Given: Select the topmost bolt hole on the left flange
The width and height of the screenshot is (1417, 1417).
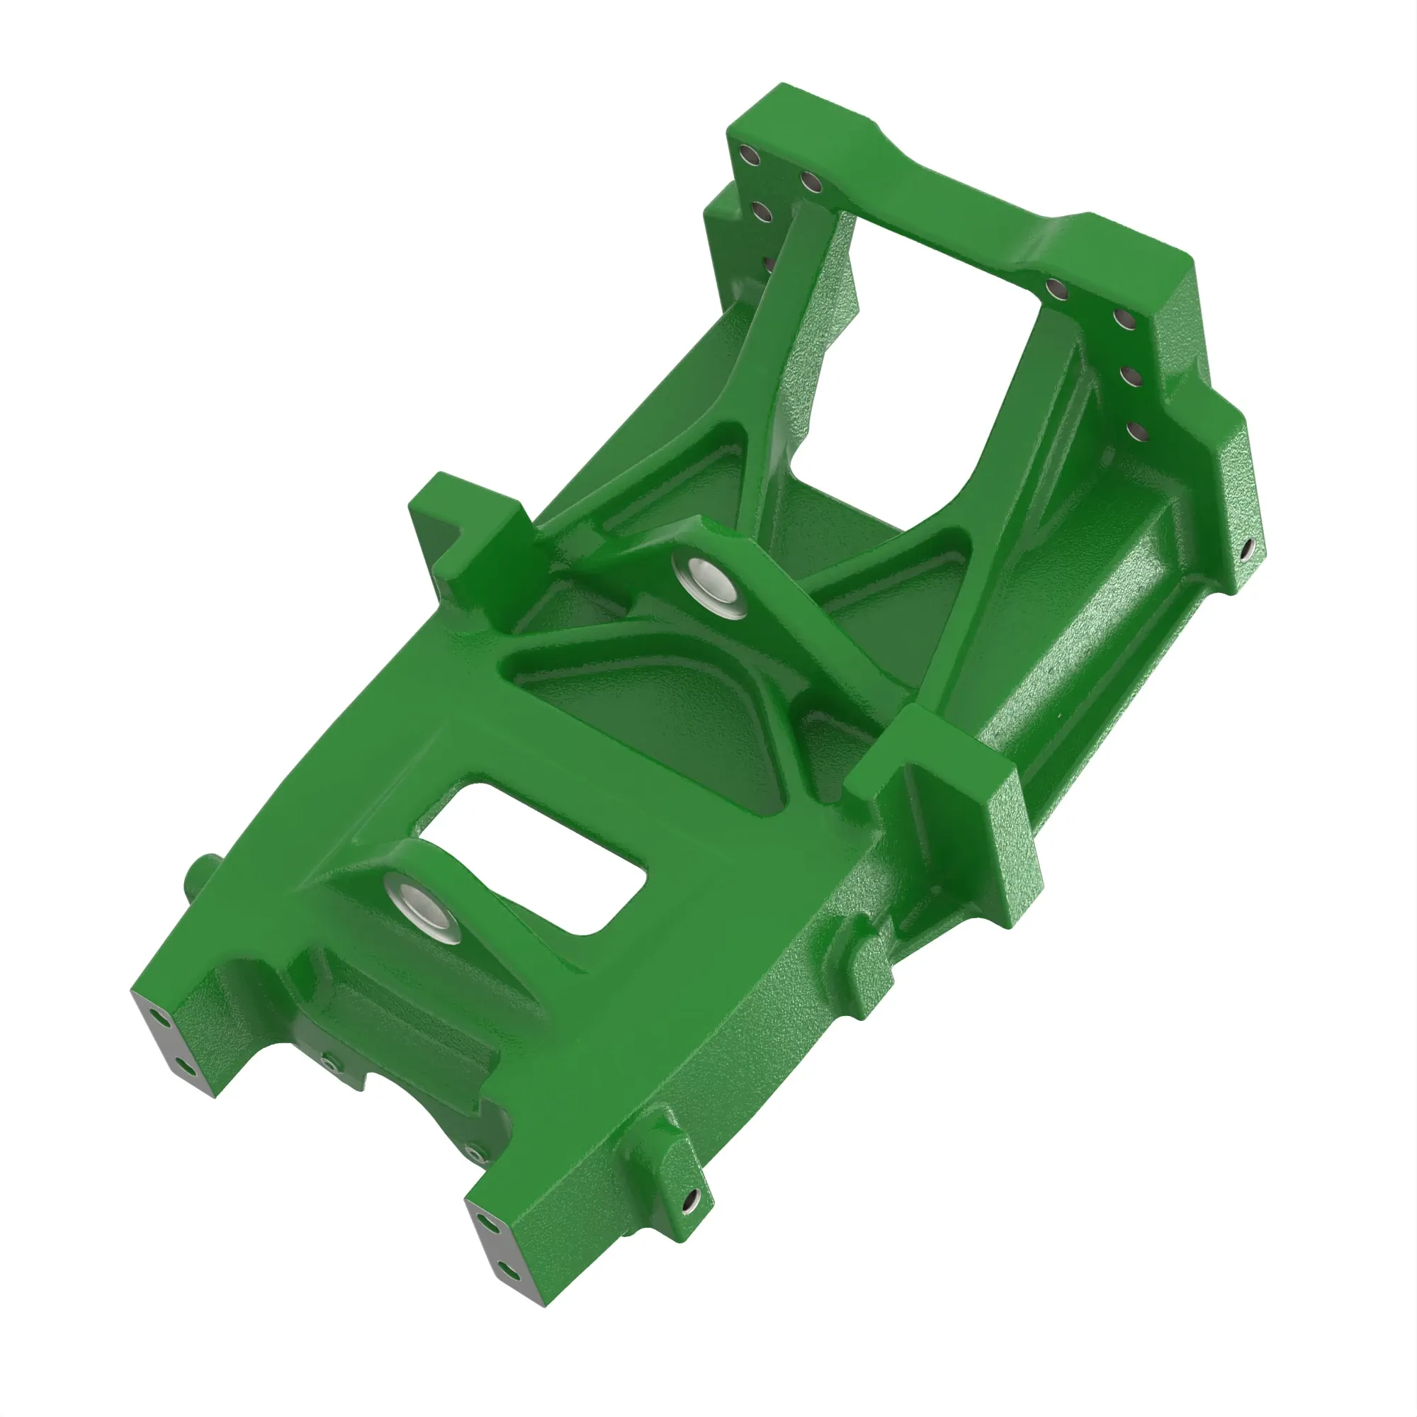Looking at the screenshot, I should tap(750, 155).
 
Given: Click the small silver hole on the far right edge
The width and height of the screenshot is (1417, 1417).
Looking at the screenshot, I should tap(1247, 548).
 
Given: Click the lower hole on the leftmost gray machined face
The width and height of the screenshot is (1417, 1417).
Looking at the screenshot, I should tap(186, 1068).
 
